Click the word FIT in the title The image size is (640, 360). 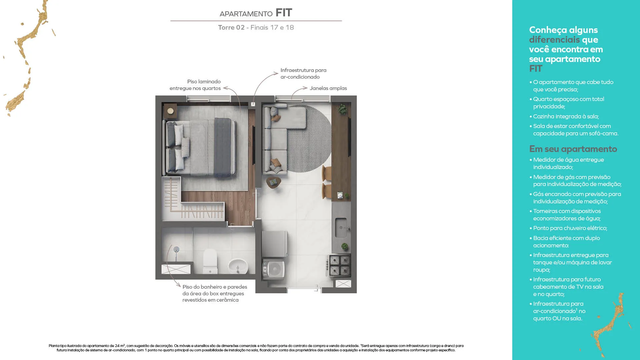click(x=284, y=13)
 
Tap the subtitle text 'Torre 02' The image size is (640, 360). click(x=231, y=27)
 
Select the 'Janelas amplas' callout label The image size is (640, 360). click(x=328, y=88)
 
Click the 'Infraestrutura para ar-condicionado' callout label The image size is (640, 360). click(x=303, y=73)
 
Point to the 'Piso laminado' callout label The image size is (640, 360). click(x=195, y=85)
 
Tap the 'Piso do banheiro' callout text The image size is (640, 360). click(x=215, y=293)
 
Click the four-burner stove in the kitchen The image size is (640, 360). click(x=340, y=266)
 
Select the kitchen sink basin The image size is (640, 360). click(x=341, y=228)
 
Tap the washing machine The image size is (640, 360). click(x=274, y=269)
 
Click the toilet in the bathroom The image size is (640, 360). click(x=210, y=261)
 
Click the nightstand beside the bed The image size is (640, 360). click(x=170, y=111)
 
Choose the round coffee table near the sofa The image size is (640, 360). click(x=274, y=182)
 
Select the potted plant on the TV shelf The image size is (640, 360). click(x=342, y=109)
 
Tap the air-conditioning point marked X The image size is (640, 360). click(x=253, y=104)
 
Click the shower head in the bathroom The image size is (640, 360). click(x=177, y=249)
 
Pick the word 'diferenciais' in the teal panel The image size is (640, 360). click(x=554, y=40)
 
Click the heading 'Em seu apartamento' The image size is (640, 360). click(x=573, y=149)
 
